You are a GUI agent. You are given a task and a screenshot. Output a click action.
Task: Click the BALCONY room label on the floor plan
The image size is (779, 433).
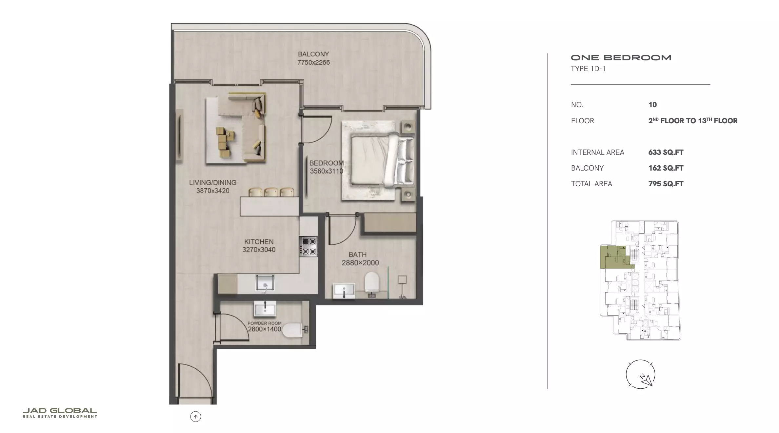coord(313,54)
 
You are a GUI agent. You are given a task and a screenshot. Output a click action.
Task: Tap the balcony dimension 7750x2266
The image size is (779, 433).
coord(313,62)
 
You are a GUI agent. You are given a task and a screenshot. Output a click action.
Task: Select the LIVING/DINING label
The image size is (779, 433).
coord(212,182)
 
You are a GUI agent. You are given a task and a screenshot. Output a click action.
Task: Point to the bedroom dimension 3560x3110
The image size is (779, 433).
coord(327,171)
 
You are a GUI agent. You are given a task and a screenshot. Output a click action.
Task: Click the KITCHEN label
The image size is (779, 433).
coord(259,242)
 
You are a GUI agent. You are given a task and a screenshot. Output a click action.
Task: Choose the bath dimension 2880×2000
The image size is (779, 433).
coord(360,263)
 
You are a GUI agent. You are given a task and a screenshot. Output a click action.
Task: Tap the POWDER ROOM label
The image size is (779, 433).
coord(264,323)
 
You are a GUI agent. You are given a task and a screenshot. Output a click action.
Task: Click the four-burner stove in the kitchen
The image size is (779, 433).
coord(308,246)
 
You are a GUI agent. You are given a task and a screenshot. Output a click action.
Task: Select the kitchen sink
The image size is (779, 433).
coord(265,283)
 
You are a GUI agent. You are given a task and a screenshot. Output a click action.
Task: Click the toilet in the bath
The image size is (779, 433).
coord(372,282)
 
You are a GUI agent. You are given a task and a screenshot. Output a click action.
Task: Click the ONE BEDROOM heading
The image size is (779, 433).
coord(621,58)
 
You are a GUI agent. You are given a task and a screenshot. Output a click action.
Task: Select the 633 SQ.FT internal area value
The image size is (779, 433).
coord(666,152)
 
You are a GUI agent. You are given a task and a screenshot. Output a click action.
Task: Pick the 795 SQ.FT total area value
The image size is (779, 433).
coord(666,184)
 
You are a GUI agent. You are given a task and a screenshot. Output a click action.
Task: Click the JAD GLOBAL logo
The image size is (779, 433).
coord(60,413)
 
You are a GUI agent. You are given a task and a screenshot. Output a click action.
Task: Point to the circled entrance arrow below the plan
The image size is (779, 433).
coord(195,417)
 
